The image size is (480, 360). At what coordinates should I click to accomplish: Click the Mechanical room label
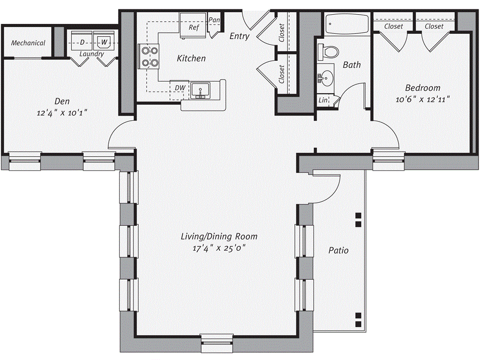coord(28,43)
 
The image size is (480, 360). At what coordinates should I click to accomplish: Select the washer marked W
coord(104,42)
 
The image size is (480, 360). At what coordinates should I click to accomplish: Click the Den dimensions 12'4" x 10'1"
coord(62,113)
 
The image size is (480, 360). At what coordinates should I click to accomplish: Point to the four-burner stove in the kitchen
coord(148,56)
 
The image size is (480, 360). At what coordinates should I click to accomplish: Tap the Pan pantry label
coord(215,20)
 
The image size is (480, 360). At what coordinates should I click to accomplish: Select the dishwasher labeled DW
coord(180,88)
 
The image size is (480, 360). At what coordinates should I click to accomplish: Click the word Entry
coord(239,36)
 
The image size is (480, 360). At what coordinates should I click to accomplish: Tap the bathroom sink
coord(325,77)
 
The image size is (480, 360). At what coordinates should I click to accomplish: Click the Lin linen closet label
coord(323,100)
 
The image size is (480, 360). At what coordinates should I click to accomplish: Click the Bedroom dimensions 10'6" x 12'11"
coord(423,99)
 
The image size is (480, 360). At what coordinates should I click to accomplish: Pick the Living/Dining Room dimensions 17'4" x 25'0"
coord(219,248)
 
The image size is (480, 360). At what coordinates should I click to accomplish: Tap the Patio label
coord(338,250)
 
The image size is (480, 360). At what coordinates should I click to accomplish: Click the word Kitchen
coord(191,59)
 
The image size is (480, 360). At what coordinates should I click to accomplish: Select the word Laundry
coord(91,54)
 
